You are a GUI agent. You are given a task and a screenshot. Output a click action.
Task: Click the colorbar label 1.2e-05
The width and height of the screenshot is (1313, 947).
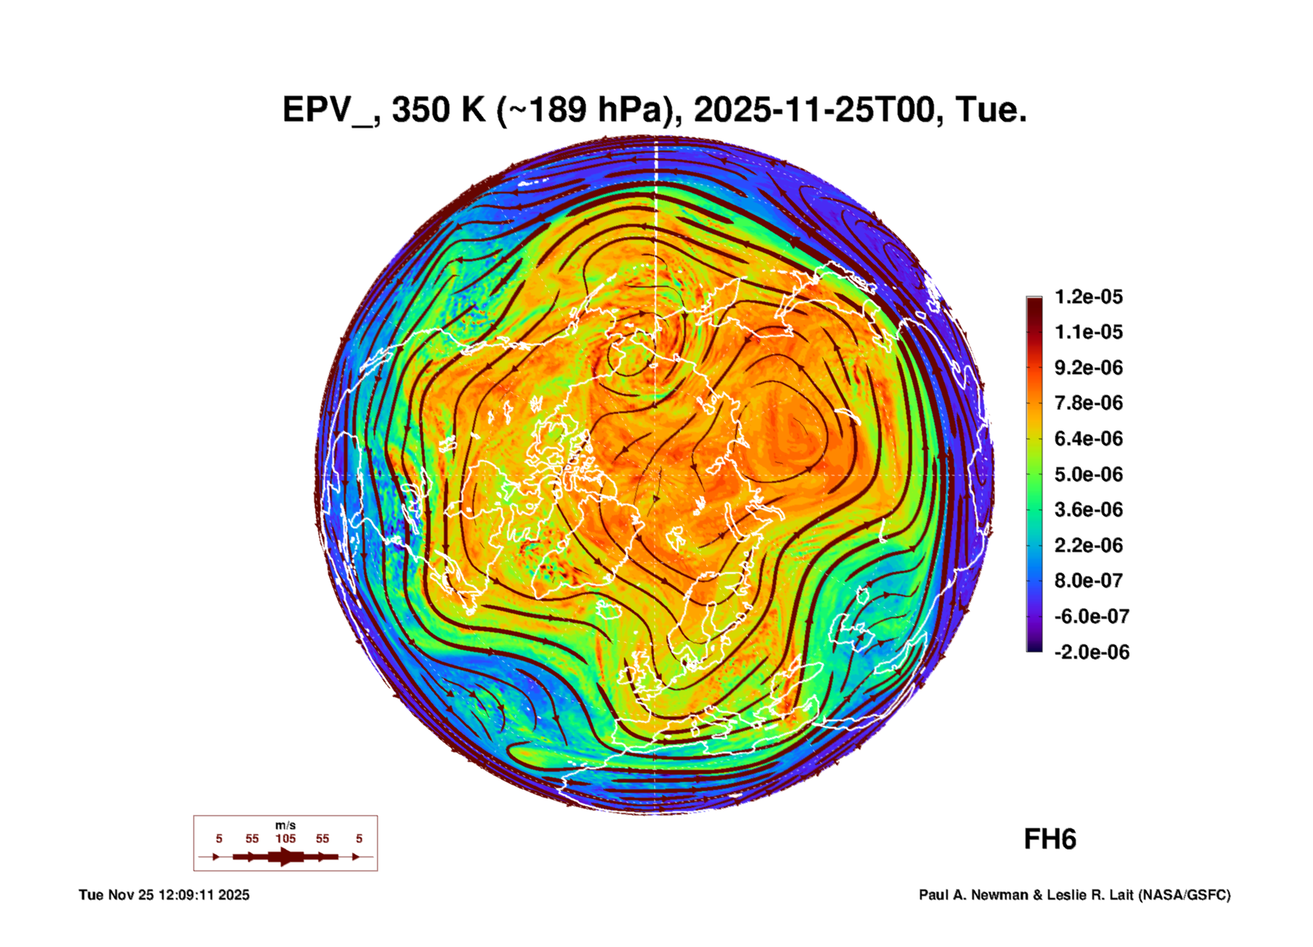[x=1088, y=297]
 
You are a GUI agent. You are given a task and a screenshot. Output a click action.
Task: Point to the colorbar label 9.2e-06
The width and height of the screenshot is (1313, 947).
[x=1088, y=368]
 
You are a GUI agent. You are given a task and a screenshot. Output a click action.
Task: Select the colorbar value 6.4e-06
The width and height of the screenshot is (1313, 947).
[x=1088, y=439]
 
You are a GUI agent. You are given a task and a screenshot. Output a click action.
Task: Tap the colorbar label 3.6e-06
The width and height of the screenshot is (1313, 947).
[x=1088, y=510]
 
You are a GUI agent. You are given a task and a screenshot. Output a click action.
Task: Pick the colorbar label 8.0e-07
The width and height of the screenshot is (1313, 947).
[x=1088, y=581]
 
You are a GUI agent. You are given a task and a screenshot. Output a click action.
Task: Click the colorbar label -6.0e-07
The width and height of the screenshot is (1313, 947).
[x=1091, y=616]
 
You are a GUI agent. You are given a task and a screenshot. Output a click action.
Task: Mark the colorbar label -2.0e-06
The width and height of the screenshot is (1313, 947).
[x=1091, y=652]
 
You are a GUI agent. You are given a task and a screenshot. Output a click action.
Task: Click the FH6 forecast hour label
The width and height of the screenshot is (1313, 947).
[x=1050, y=840]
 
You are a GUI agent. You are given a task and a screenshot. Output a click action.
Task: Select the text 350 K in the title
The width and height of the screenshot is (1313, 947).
[x=438, y=110]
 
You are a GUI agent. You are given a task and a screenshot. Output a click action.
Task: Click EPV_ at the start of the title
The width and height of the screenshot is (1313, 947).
[x=327, y=110]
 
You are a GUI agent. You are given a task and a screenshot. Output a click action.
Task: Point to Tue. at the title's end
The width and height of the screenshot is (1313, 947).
[x=990, y=110]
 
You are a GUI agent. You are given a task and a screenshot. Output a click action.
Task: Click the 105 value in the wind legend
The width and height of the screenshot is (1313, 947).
[x=286, y=839]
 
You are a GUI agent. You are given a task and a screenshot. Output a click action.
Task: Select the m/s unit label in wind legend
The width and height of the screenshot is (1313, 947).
[x=286, y=826]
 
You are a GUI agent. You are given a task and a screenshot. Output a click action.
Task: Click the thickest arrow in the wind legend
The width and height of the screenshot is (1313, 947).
[x=286, y=857]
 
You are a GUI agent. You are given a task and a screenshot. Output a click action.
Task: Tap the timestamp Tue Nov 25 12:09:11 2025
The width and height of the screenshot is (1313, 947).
[x=164, y=895]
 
